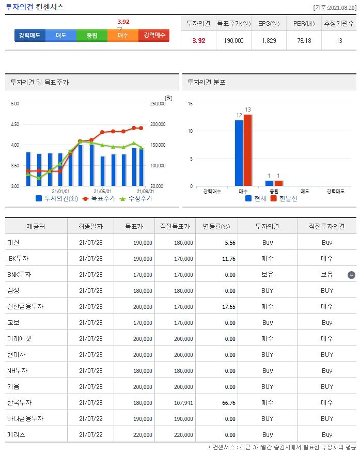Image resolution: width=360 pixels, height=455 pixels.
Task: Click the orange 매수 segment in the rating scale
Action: coord(123,35)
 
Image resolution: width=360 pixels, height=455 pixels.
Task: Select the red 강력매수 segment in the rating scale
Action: coord(154,35)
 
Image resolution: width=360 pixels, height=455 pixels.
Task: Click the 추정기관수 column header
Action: coord(339,23)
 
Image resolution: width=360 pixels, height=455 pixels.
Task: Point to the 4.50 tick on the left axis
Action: coord(14,124)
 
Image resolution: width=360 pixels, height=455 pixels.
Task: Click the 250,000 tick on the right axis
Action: coord(157,103)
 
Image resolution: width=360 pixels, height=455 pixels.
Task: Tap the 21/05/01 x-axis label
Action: coord(102,191)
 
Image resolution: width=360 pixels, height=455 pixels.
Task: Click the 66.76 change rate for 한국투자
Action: coord(222,402)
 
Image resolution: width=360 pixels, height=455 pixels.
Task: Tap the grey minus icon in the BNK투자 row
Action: coord(351,275)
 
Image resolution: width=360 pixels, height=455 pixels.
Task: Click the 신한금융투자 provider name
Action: coord(25,306)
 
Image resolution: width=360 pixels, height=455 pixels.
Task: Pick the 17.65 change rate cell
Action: coord(222,306)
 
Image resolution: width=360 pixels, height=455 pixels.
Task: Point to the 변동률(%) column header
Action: coord(216,226)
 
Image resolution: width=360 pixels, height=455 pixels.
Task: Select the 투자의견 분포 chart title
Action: coord(206,82)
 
